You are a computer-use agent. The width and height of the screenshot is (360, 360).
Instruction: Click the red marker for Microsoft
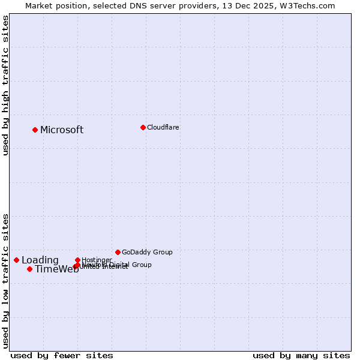click(x=35, y=130)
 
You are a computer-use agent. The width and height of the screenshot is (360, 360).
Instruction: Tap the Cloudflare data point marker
click(x=143, y=127)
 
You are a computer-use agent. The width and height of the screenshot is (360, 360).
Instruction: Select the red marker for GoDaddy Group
click(x=118, y=252)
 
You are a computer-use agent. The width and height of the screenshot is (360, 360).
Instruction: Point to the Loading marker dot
click(x=16, y=260)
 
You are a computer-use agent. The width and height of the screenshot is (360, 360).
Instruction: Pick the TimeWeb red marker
click(x=29, y=269)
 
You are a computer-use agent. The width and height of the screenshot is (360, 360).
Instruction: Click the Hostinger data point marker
click(x=77, y=260)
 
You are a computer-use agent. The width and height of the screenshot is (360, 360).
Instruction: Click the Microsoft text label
click(x=62, y=130)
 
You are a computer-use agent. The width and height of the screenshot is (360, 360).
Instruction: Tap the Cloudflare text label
click(x=163, y=127)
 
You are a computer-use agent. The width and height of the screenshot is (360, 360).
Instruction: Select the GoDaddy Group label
click(x=147, y=252)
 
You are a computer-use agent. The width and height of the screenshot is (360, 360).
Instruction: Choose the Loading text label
click(x=40, y=260)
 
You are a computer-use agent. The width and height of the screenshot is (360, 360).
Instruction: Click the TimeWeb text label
click(x=56, y=269)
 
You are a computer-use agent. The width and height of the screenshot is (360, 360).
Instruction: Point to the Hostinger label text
click(x=97, y=260)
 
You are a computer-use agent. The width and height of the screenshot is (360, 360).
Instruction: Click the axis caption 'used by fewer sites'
click(x=62, y=355)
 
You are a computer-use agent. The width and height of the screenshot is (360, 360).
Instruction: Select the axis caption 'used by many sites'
click(x=301, y=355)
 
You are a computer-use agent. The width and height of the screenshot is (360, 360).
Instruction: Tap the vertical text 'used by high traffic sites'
click(x=5, y=85)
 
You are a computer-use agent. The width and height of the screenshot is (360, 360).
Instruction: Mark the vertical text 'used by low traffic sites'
click(x=5, y=280)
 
